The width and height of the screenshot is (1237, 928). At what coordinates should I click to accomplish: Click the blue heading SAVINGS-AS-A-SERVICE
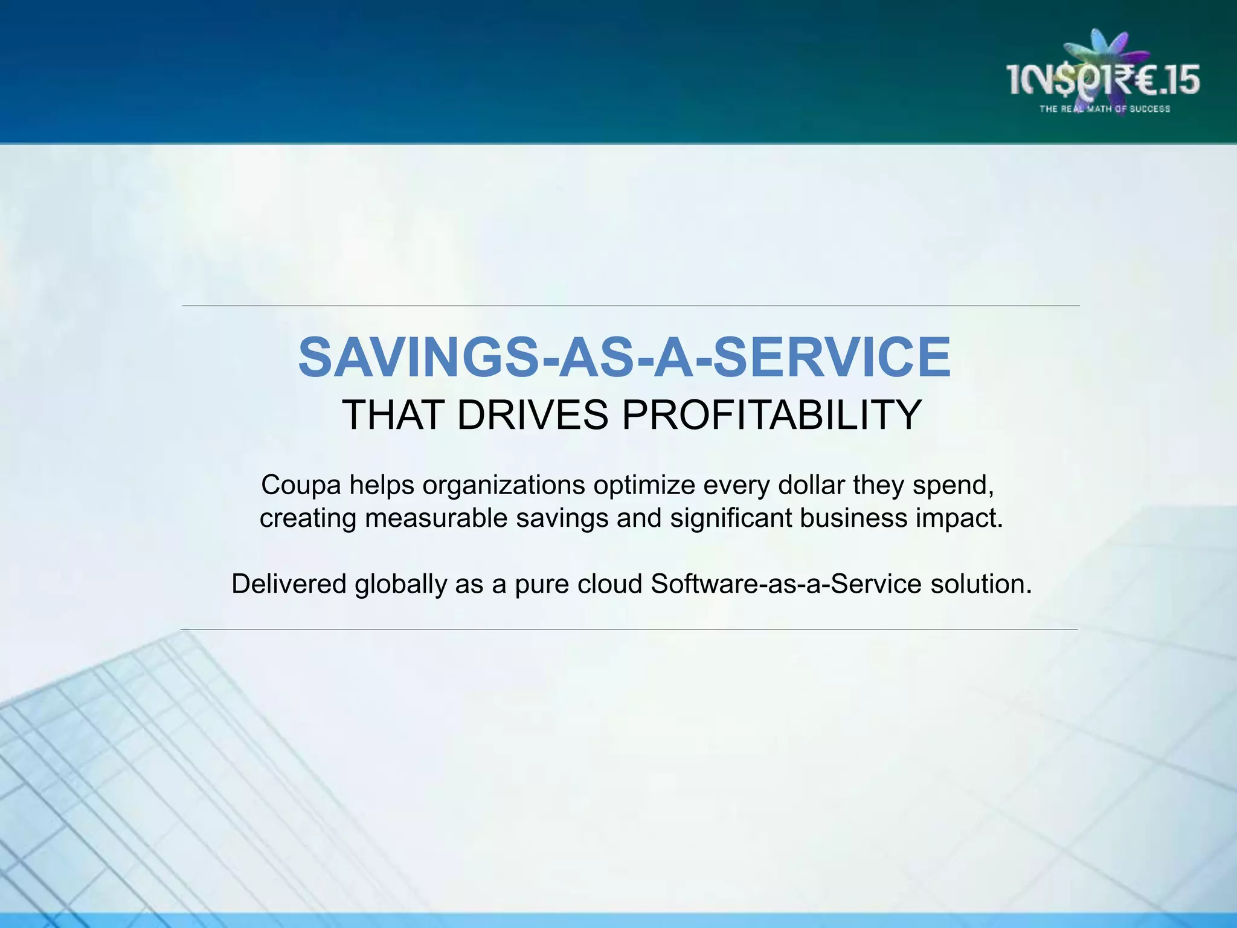(625, 358)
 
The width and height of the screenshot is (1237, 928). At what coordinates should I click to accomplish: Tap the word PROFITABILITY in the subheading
(772, 415)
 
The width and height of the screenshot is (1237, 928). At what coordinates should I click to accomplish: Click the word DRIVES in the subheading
(533, 415)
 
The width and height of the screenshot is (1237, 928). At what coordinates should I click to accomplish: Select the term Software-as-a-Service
(786, 584)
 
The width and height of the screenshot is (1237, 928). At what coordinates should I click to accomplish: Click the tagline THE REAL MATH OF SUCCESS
(1104, 109)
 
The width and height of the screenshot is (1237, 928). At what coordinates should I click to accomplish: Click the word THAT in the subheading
(393, 415)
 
